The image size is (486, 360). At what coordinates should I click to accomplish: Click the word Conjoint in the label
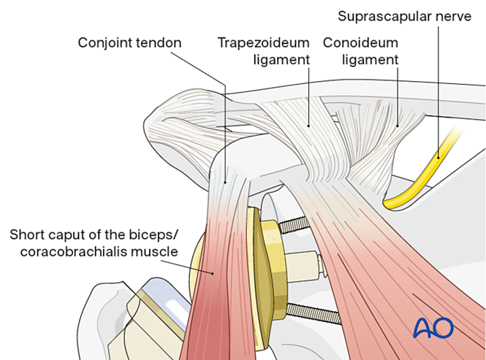(103, 42)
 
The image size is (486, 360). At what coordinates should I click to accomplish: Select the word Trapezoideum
(264, 42)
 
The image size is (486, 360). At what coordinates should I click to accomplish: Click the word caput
(65, 235)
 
